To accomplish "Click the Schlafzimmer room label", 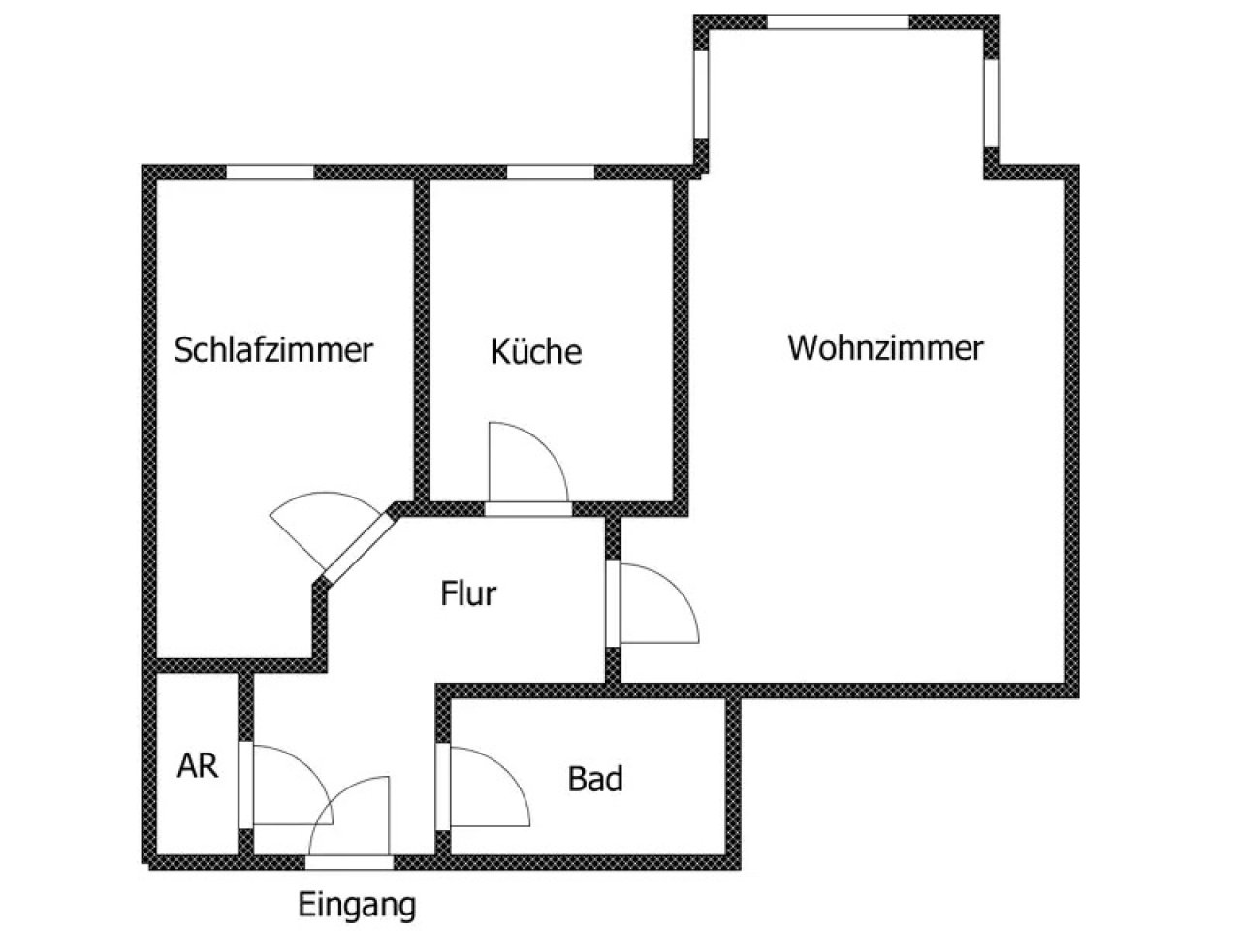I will [x=273, y=349].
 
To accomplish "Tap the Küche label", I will [x=536, y=351].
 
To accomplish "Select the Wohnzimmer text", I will [x=885, y=347].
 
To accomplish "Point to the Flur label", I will [x=468, y=593].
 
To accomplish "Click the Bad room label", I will [x=595, y=778].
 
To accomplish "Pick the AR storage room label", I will [x=198, y=765].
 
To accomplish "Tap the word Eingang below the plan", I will [x=357, y=905].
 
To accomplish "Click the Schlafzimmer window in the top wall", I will [x=270, y=172].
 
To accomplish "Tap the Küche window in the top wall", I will [x=550, y=172].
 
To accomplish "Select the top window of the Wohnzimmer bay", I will [x=838, y=21].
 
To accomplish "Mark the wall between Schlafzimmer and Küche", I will [x=423, y=339].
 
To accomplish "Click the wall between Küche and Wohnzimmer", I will [x=682, y=339].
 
